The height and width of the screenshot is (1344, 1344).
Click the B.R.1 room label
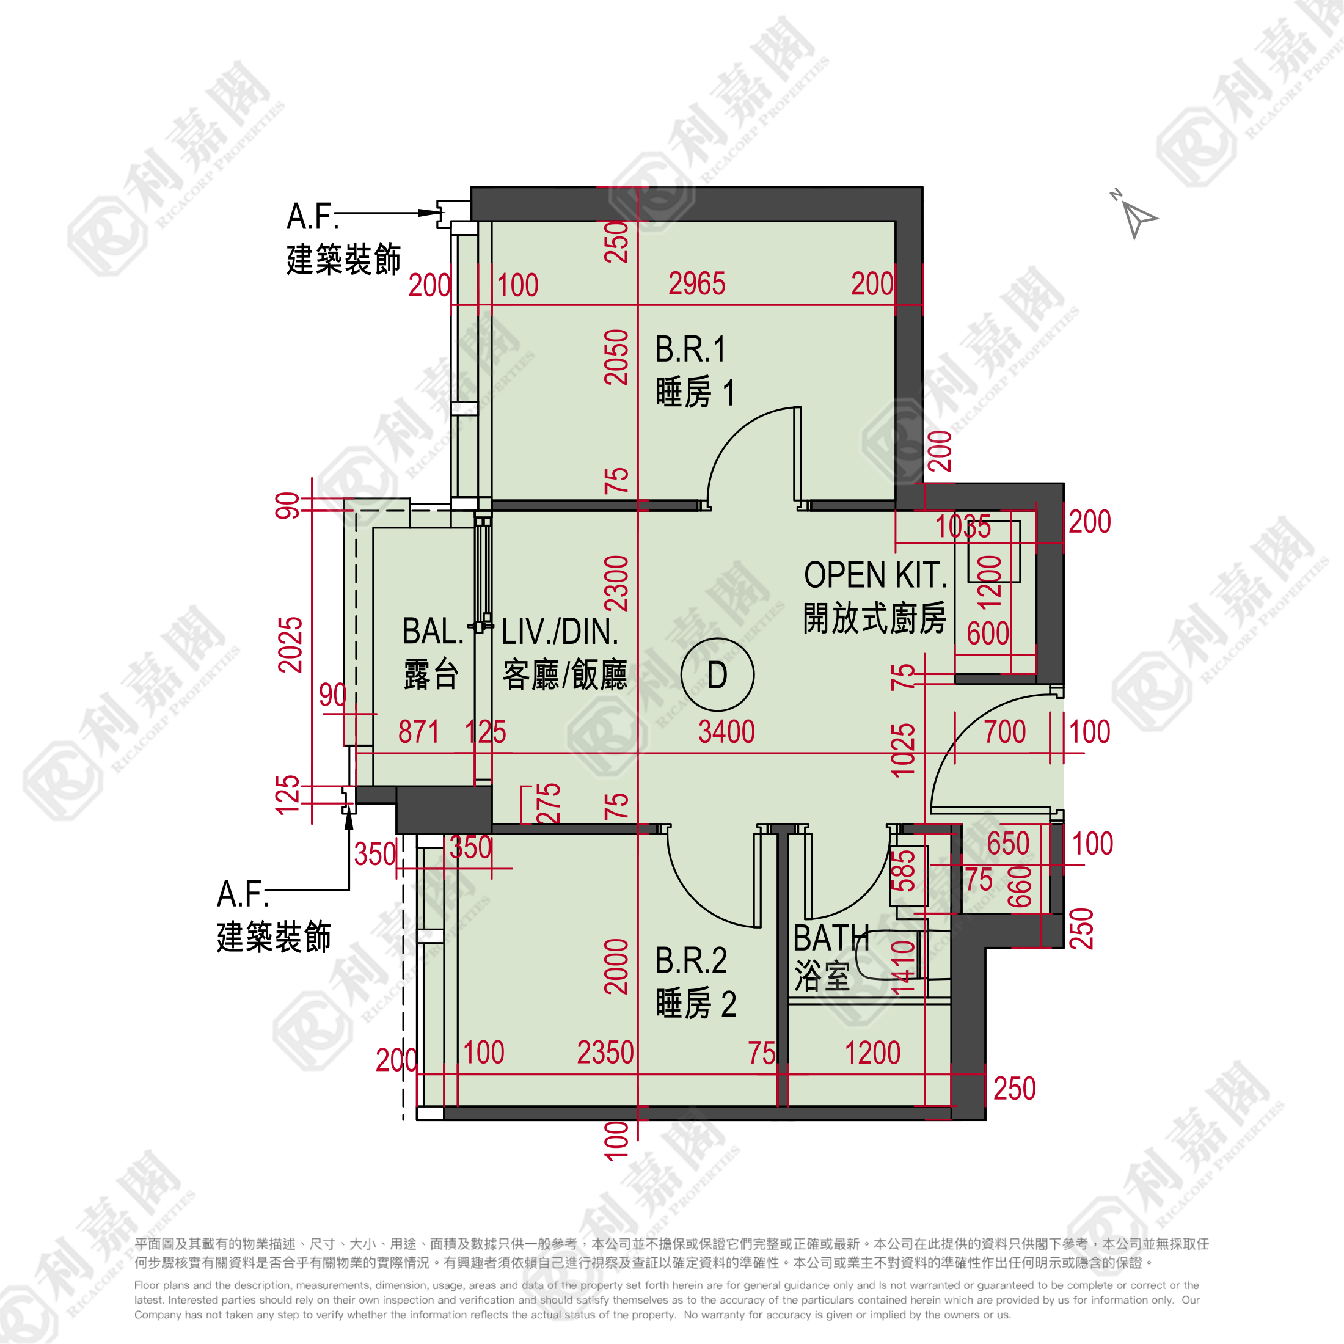click(690, 349)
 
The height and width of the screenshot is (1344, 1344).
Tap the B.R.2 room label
click(691, 961)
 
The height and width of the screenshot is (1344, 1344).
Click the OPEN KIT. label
click(875, 575)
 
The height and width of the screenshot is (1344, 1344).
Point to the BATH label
click(831, 938)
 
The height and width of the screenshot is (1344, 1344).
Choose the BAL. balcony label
click(432, 632)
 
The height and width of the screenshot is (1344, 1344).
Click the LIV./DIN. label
click(560, 632)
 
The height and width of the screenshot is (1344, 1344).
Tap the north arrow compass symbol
click(1135, 215)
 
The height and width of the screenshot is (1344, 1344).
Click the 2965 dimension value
click(696, 284)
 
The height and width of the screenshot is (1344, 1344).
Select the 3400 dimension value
click(726, 732)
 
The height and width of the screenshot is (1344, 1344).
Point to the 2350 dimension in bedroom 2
click(605, 1053)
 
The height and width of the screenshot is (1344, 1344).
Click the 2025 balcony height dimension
click(290, 645)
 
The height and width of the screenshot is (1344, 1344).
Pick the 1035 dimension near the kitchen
click(963, 527)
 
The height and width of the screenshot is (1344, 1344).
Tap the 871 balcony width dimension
click(419, 732)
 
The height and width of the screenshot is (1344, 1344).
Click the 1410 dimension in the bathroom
click(903, 967)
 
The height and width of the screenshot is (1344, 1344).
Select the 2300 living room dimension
click(616, 583)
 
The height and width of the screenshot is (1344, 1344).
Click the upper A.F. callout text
click(312, 216)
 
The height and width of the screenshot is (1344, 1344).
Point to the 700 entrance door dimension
click(1004, 732)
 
